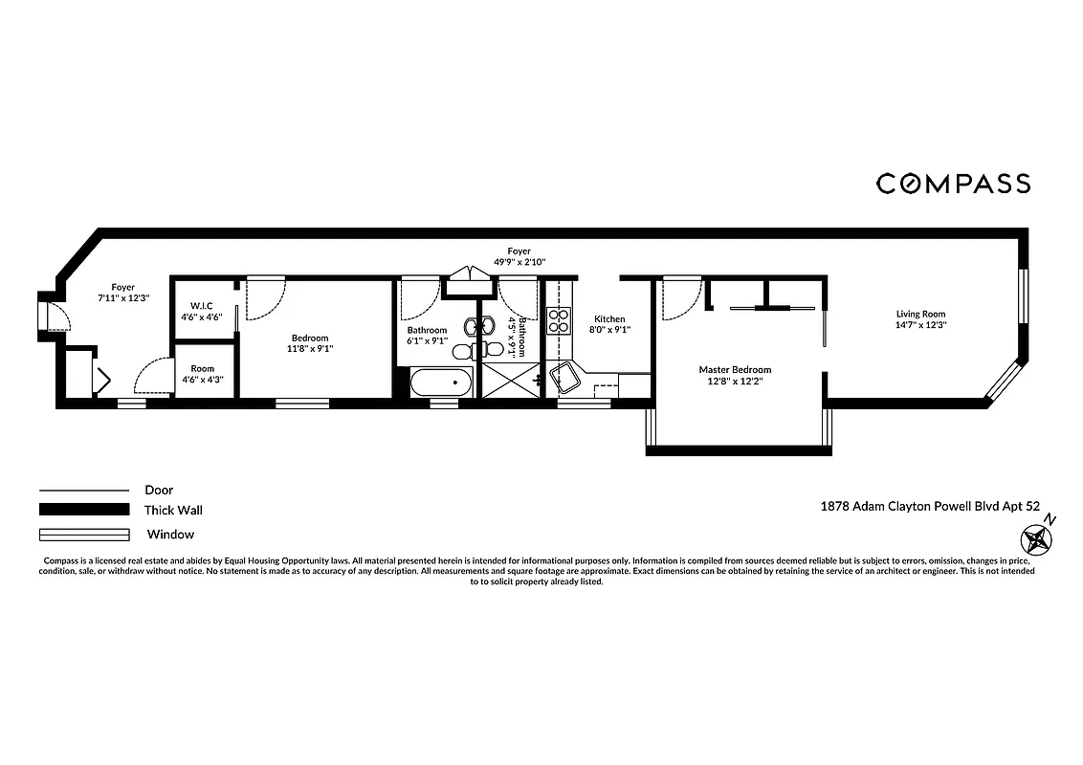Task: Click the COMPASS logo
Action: point(953,184)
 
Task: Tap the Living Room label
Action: point(920,314)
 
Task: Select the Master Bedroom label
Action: point(735,370)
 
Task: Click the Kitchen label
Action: point(609,319)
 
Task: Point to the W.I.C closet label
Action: point(201,306)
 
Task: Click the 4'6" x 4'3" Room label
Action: point(202,368)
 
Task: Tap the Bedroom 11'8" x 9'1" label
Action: point(310,338)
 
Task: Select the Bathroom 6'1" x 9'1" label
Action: point(428,331)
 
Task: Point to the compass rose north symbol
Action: point(1036,541)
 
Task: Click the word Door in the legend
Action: point(159,490)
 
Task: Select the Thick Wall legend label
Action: point(173,511)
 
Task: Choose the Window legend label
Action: point(170,535)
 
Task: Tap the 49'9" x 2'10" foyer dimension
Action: point(519,262)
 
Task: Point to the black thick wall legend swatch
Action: point(83,510)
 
